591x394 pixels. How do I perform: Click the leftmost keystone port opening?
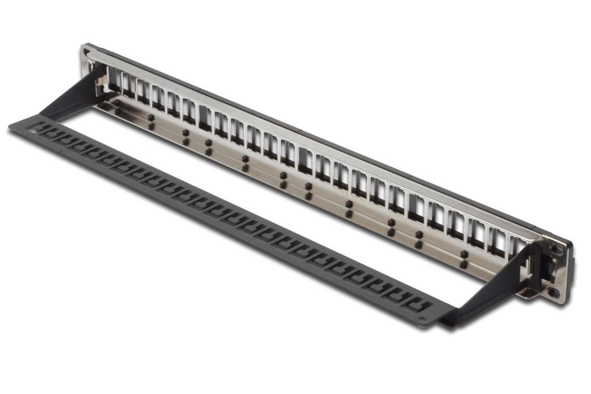114,79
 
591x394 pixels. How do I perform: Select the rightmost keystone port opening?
517,247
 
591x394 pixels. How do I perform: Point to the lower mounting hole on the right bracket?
554,293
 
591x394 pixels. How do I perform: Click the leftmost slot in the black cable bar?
37,129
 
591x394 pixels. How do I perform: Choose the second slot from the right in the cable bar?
404,298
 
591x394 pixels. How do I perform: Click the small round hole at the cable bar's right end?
422,320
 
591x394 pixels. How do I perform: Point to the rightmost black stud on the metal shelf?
464,254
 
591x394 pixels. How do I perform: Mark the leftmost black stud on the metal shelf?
117,102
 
